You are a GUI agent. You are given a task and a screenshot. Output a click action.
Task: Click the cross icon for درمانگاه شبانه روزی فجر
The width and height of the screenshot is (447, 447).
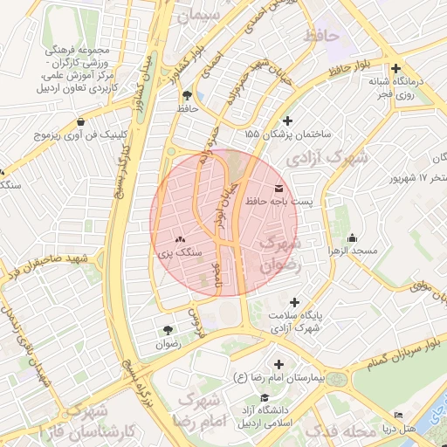[x=396, y=68]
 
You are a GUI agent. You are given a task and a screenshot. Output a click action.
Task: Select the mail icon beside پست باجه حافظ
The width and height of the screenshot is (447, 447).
[x=279, y=189]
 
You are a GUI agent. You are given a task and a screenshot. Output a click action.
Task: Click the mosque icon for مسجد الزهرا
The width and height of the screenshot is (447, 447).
[x=352, y=238]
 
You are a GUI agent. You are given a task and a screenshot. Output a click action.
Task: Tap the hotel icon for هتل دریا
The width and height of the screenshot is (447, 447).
[x=399, y=415]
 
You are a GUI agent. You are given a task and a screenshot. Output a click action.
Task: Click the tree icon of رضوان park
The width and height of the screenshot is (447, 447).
[x=167, y=329]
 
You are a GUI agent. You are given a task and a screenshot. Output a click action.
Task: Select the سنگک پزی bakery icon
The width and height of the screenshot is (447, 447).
[x=180, y=238]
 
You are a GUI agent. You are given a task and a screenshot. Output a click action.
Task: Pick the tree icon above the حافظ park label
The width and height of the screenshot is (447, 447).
[x=187, y=94]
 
